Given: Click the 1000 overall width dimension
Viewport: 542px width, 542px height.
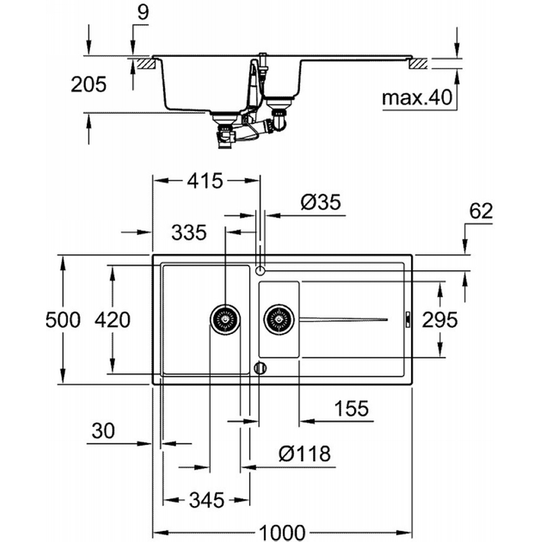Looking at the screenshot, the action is coord(282,533).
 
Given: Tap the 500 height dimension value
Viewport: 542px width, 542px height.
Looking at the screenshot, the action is coord(63,320).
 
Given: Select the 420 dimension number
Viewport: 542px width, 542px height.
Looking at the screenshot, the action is coord(112,320).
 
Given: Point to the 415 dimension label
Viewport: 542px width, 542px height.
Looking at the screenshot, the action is coord(205,181).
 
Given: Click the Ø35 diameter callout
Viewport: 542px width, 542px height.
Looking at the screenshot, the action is coord(320,202).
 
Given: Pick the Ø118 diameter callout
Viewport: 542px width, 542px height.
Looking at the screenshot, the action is coord(304,453).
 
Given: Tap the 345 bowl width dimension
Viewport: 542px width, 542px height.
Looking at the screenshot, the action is coord(207,500).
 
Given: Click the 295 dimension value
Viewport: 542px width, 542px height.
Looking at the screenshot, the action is coord(440,320).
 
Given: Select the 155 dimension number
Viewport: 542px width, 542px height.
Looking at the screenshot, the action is coord(352,409).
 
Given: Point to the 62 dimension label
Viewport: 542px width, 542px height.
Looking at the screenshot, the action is coord(481,211).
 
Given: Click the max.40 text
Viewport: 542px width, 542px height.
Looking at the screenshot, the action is coord(417,98).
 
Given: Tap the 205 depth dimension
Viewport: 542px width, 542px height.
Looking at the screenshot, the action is coord(89,84).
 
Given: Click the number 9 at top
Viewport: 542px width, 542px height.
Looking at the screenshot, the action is coord(143,12).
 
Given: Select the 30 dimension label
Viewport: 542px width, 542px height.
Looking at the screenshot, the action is coord(104,431).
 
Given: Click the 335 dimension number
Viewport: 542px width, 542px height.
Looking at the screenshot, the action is coord(189,232).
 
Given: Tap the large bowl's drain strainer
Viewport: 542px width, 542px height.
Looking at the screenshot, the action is coord(226,319).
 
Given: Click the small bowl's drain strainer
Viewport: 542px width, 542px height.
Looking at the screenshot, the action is coord(279,319).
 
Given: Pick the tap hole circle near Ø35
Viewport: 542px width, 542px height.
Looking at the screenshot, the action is coord(260,270).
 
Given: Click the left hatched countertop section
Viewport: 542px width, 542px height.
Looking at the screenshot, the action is coord(146,64).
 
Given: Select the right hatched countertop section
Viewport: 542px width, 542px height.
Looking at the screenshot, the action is coord(418,64).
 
